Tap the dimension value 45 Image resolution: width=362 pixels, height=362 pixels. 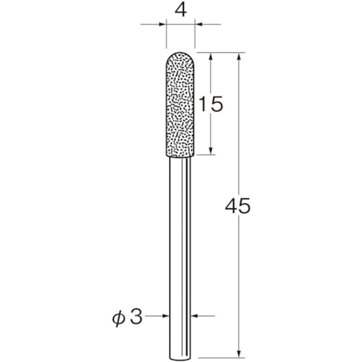click(x=237, y=206)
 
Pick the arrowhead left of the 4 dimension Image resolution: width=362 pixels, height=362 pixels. click(x=162, y=24)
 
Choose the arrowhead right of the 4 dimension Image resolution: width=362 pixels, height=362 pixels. click(x=198, y=24)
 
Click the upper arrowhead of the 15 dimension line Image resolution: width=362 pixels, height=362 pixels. click(x=211, y=56)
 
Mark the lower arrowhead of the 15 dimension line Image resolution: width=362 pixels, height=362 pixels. click(x=211, y=151)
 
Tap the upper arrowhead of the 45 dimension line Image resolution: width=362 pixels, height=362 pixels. click(x=239, y=56)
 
